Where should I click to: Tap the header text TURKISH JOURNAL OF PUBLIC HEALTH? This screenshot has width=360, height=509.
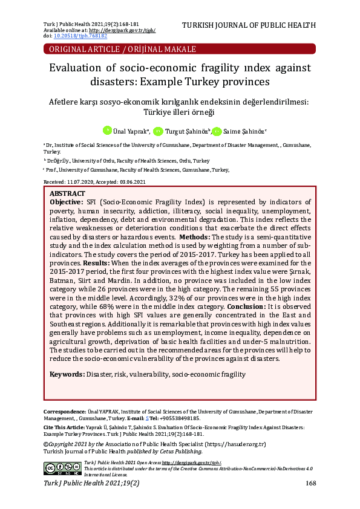point(249,25)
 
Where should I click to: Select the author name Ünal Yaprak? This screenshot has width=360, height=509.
point(131,131)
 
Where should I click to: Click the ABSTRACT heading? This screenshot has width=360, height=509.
point(67,193)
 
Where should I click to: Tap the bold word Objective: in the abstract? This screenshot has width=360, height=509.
point(67,202)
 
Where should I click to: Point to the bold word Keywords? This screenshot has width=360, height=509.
point(67,375)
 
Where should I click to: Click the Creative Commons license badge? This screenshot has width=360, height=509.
point(62,467)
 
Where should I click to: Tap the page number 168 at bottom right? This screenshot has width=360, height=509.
point(310,483)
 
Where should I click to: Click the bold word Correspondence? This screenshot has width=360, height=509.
point(64,412)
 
